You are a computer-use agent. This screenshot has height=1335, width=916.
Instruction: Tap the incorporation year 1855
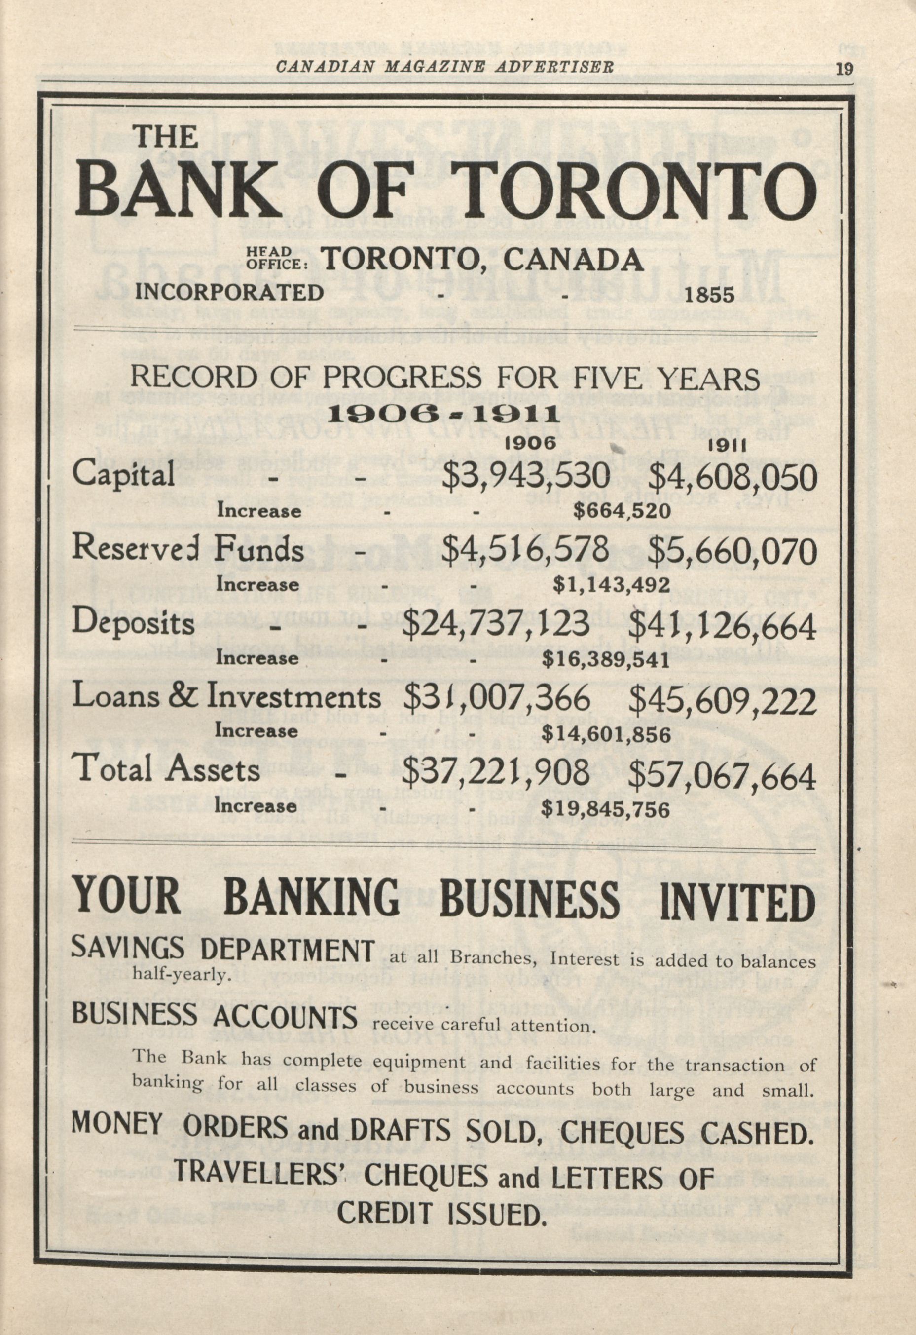(710, 295)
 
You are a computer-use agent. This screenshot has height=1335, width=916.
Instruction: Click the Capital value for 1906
(528, 476)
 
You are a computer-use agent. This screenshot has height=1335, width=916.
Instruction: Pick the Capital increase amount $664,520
(622, 511)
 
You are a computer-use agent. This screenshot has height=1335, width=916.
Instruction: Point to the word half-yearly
(181, 974)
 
